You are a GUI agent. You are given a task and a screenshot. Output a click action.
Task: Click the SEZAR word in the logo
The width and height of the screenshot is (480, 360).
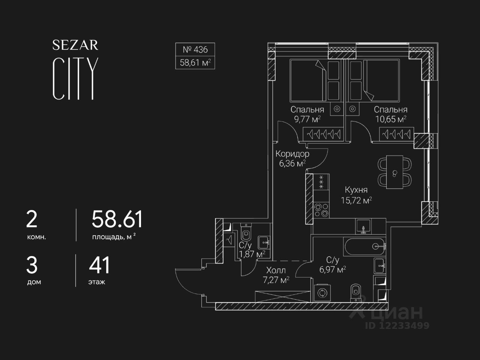pyautogui.click(x=75, y=45)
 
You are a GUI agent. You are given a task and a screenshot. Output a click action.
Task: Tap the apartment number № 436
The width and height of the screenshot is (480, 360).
pyautogui.click(x=195, y=49)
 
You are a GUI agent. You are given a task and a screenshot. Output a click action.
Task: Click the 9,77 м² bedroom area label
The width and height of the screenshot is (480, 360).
pyautogui.click(x=307, y=119)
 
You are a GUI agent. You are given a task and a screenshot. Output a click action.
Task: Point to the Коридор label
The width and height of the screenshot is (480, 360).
pyautogui.click(x=292, y=154)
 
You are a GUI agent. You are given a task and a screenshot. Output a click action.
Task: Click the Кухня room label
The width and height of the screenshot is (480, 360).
pyautogui.click(x=356, y=190)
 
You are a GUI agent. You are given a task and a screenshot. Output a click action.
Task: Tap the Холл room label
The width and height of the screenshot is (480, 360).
pyautogui.click(x=276, y=270)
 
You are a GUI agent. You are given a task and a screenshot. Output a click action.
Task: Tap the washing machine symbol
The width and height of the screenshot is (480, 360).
pyautogui.click(x=321, y=293)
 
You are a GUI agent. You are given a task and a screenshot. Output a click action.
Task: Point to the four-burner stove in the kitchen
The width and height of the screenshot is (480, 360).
pyautogui.click(x=321, y=210)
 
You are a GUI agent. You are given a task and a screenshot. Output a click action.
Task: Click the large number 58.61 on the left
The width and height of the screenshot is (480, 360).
pyautogui.click(x=117, y=219)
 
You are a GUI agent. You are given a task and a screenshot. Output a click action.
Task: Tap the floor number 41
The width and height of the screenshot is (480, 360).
pyautogui.click(x=99, y=265)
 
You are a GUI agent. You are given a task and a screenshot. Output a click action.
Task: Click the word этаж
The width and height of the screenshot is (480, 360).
pyautogui.click(x=97, y=282)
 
